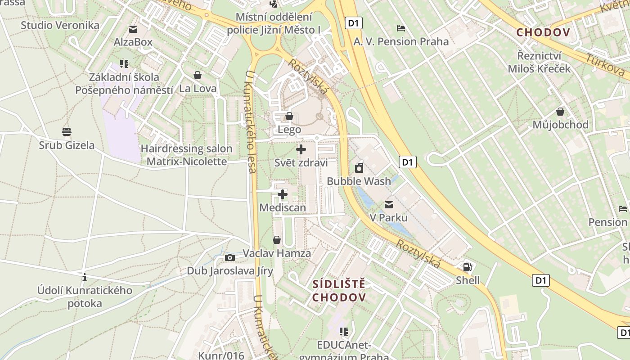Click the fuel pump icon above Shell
[468, 267]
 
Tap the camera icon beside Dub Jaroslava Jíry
[230, 257]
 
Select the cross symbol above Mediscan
[283, 194]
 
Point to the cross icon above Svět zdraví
[301, 149]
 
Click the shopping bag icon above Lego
[289, 117]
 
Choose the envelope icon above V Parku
[389, 205]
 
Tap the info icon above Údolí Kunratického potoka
[85, 277]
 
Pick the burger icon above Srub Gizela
[67, 132]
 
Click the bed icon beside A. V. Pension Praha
[401, 28]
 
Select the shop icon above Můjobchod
[560, 111]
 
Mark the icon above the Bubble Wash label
[359, 168]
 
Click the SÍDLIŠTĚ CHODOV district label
[339, 291]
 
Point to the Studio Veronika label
[60, 25]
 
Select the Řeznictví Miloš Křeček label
[539, 63]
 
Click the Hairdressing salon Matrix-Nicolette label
[187, 155]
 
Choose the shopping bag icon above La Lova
[197, 75]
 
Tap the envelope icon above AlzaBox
[133, 29]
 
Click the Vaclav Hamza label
[277, 253]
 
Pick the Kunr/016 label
[221, 355]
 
